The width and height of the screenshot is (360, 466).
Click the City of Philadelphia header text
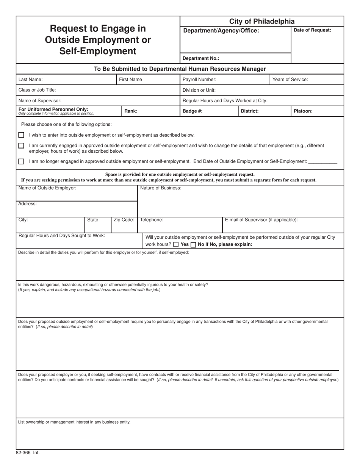coord(261,22)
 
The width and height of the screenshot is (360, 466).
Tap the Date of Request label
coord(312,30)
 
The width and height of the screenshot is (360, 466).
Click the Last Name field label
coord(31,80)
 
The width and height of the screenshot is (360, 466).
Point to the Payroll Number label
coord(199,80)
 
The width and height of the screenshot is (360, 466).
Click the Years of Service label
coord(290,80)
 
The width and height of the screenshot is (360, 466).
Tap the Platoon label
coord(303,111)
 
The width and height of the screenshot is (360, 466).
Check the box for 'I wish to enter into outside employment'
coord(21,135)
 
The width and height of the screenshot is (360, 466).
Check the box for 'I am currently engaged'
coord(21,145)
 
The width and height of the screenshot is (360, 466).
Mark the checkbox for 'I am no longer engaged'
coord(21,161)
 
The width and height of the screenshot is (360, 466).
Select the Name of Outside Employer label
coord(47,188)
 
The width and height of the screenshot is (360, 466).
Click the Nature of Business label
coord(161,188)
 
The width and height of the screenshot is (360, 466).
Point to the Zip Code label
coord(124,220)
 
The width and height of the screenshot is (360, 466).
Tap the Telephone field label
coord(152,220)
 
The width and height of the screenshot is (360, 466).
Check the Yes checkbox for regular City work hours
coord(176,245)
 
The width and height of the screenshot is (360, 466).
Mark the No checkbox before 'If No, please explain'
coord(193,245)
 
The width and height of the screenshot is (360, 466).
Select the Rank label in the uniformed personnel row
coord(131,111)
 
